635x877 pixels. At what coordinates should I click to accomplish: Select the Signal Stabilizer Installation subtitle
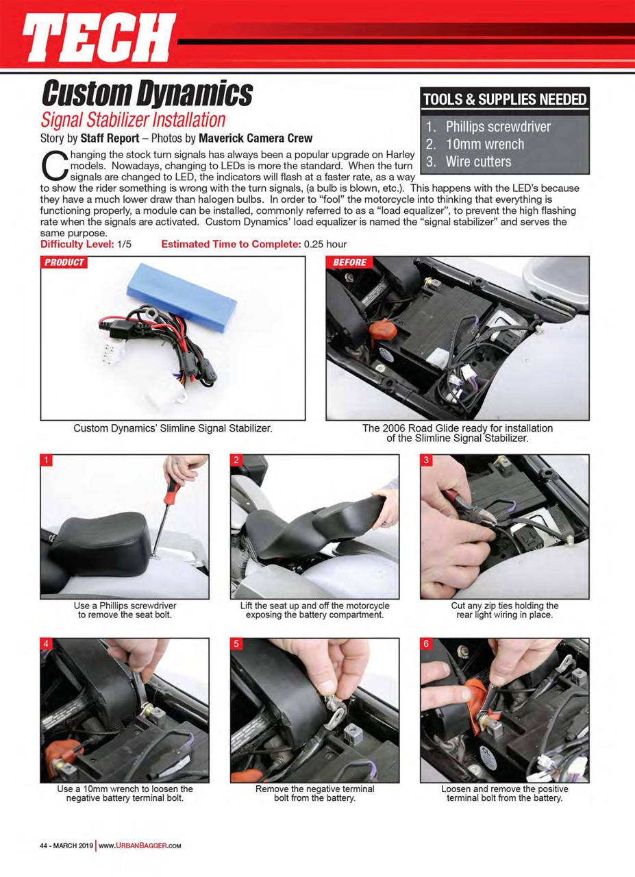133,120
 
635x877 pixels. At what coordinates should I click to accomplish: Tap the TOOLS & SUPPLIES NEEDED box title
504,98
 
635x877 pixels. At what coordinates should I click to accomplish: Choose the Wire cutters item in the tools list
477,162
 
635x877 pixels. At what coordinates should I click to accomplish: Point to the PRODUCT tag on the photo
64,262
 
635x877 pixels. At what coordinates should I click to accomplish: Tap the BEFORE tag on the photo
349,262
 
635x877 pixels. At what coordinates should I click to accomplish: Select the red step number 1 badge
47,460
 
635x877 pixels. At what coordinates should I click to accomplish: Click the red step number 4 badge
47,644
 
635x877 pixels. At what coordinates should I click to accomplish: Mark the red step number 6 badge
426,644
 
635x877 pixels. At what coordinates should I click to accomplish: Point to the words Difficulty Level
77,245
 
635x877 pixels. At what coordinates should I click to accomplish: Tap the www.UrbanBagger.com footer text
140,845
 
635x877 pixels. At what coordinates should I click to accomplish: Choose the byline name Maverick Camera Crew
256,138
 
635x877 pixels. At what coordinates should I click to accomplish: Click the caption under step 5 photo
314,793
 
